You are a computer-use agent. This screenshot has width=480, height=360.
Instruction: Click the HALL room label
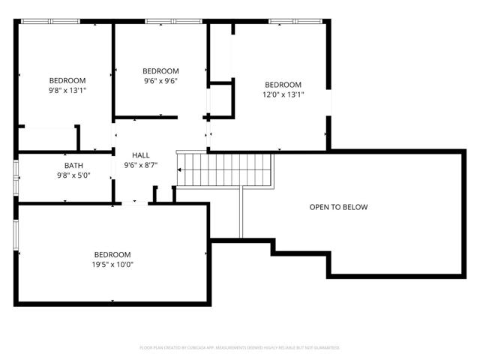click(141, 155)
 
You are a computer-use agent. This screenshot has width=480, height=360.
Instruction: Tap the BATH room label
click(73, 166)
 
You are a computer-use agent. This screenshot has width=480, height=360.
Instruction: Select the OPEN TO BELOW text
click(338, 207)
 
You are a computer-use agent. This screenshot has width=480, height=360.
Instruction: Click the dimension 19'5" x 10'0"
click(112, 264)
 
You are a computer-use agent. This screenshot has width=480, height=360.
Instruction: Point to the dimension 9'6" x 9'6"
click(160, 81)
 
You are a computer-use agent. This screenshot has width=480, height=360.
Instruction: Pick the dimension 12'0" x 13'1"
click(283, 94)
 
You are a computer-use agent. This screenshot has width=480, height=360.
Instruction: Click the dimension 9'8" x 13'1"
click(67, 90)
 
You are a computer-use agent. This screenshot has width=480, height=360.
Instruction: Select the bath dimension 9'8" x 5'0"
click(73, 175)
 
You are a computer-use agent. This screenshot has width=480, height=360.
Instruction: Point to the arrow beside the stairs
click(181, 169)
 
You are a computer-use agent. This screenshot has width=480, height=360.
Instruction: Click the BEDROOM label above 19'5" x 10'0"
click(112, 254)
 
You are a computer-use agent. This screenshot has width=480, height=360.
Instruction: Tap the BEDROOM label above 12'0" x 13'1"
click(283, 85)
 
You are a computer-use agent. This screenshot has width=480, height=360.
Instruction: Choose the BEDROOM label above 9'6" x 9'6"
click(160, 71)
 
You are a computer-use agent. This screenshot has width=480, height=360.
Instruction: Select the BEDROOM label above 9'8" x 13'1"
click(67, 80)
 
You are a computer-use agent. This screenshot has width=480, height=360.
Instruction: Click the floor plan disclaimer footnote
click(240, 347)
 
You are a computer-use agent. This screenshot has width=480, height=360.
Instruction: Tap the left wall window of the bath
click(16, 177)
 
